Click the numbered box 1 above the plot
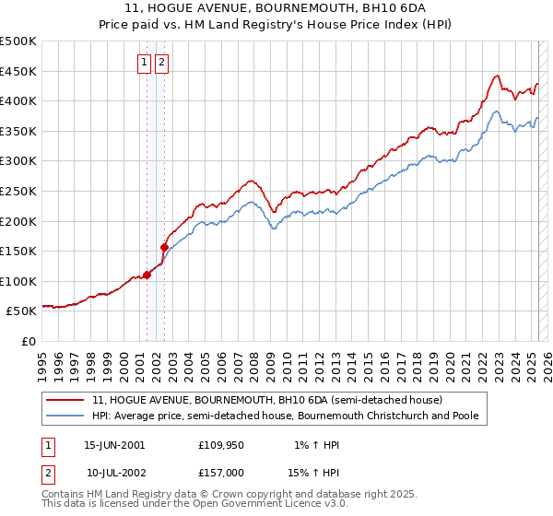click(146, 63)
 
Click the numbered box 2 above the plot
click(161, 63)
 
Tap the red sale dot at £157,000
click(164, 247)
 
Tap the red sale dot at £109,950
click(147, 275)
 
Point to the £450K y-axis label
click(18, 71)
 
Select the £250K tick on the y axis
click(18, 191)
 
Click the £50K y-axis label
click(22, 311)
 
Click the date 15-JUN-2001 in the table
click(114, 445)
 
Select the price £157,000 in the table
click(220, 472)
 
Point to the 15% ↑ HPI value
click(314, 472)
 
